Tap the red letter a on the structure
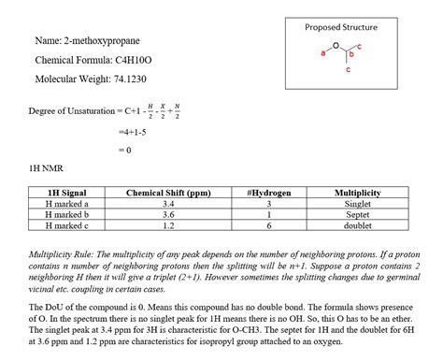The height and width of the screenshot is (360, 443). tap(324, 54)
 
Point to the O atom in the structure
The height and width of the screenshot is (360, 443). tap(336, 46)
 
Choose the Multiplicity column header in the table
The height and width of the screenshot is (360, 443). tap(357, 193)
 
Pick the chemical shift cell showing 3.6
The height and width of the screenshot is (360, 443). tap(168, 214)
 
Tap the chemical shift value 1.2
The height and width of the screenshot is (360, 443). tap(168, 225)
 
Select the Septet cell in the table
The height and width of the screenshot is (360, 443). tap(357, 214)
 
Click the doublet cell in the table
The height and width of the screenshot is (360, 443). tap(357, 225)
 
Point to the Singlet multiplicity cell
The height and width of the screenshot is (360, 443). tap(357, 204)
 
